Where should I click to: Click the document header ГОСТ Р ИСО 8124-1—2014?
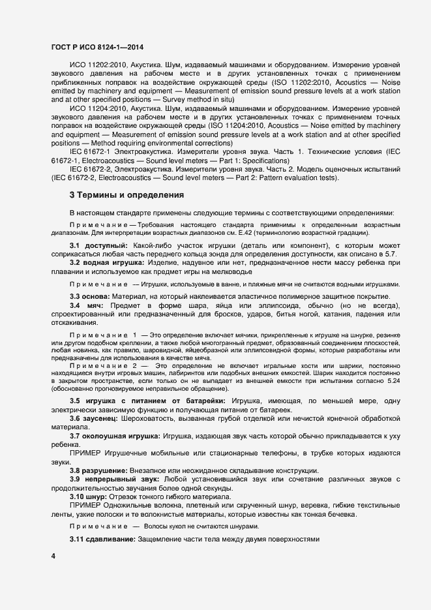coord(98,48)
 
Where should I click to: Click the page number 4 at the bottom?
coord(53,556)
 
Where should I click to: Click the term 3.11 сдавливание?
coord(107,541)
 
